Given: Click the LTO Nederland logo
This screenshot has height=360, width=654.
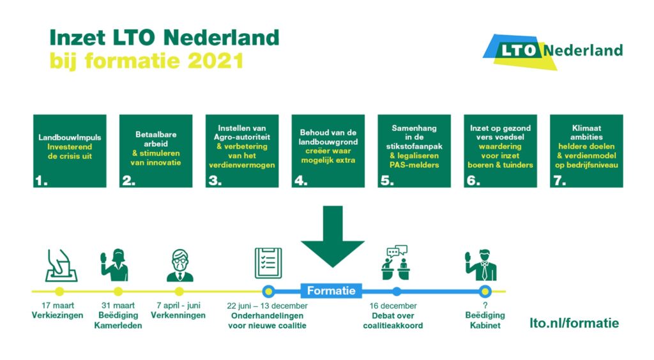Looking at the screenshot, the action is pos(552,51).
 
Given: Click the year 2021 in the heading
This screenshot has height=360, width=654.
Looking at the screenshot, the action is pos(216,61).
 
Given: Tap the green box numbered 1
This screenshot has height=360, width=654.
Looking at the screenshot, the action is pos(70,151).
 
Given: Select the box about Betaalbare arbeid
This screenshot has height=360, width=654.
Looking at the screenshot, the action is pos(156,151).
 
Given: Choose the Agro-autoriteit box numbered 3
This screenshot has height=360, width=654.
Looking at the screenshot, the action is pos(242,151).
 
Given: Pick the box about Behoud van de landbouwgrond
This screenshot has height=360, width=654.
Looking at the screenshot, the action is pos(328,151).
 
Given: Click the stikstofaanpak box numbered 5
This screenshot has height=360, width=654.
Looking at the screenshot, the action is pos(414,151).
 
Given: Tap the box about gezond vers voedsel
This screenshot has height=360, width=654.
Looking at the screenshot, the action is pos(501,151).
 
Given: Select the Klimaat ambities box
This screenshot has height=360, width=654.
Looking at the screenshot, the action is pos(586,151).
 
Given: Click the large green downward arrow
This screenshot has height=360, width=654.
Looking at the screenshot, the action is pos(332,236).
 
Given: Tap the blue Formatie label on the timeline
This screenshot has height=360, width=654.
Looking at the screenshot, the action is pos(331,290).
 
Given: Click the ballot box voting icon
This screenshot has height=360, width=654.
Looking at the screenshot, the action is pos(61,266).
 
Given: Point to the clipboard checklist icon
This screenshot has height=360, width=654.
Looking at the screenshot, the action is pos(268,263).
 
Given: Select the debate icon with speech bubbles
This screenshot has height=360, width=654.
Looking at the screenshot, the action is pos(395,262).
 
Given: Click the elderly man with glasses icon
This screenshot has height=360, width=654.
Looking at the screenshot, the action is pos(179,266).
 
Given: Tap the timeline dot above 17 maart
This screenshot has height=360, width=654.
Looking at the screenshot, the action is pos(59,291).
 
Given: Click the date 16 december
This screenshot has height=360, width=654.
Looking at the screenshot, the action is pos(393,306).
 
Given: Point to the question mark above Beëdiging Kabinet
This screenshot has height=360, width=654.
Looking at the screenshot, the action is pos(485,305).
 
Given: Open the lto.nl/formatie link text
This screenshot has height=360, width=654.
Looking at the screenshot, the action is pos(574,323).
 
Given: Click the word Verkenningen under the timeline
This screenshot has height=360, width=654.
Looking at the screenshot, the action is pos(178,315).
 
